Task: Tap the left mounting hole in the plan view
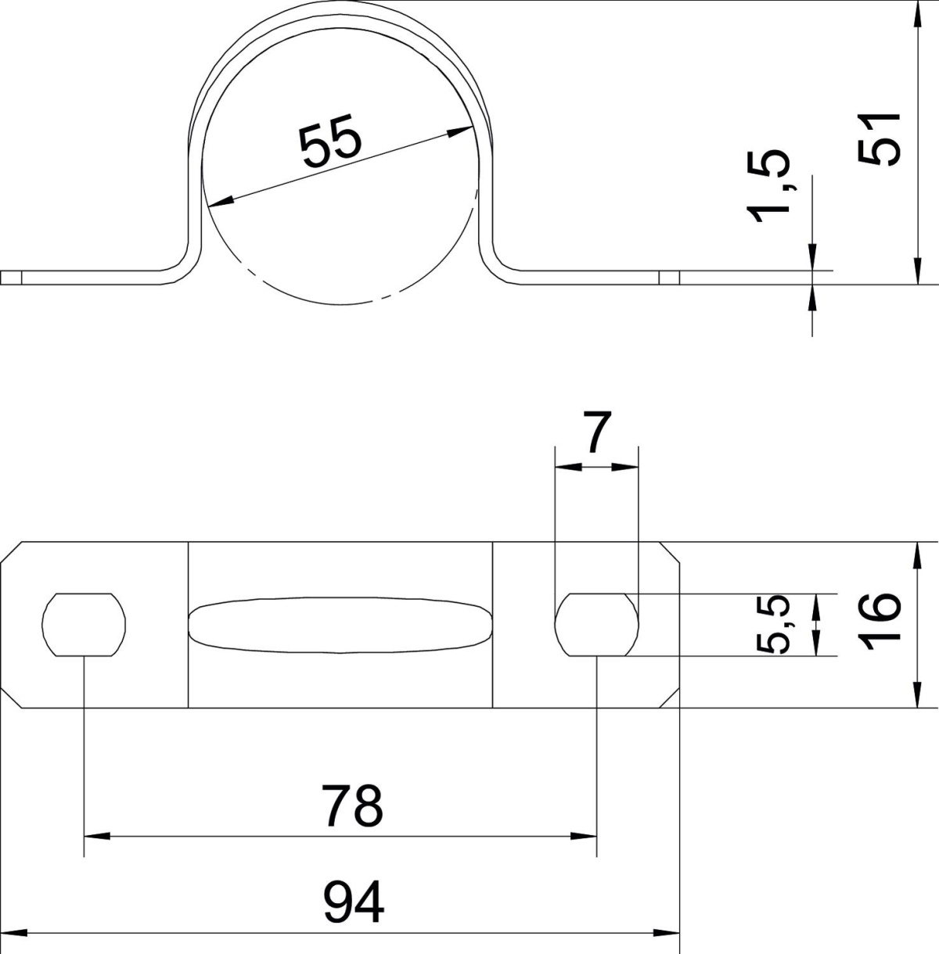[84, 624]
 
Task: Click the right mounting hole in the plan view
[597, 624]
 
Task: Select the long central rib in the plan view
[340, 624]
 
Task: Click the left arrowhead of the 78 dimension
[95, 836]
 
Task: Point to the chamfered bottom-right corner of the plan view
[671, 698]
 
